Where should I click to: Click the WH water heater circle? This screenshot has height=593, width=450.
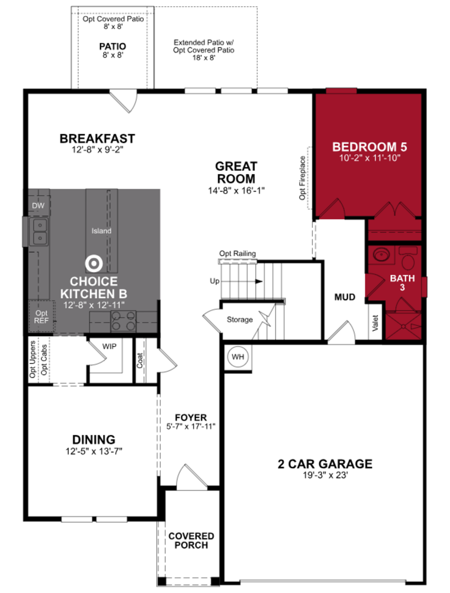click(238, 357)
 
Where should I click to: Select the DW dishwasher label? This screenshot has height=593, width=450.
click(38, 206)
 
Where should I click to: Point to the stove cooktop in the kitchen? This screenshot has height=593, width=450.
click(124, 321)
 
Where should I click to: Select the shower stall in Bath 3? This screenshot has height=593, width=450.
click(403, 326)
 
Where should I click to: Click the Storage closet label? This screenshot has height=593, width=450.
click(240, 320)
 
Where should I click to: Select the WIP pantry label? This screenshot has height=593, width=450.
click(109, 346)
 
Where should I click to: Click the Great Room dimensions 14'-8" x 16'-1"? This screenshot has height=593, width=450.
click(236, 191)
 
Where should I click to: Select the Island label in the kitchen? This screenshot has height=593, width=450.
click(101, 231)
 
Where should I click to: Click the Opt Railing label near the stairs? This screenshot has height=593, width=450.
click(237, 253)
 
